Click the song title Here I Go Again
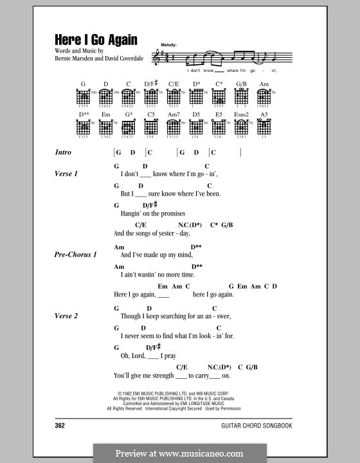[x=95, y=41]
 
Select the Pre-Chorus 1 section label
[x=76, y=255]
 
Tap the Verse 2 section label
[x=66, y=316]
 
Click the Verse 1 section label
[x=66, y=174]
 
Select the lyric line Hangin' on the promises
[x=152, y=213]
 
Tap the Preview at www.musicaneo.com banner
[x=180, y=451]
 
